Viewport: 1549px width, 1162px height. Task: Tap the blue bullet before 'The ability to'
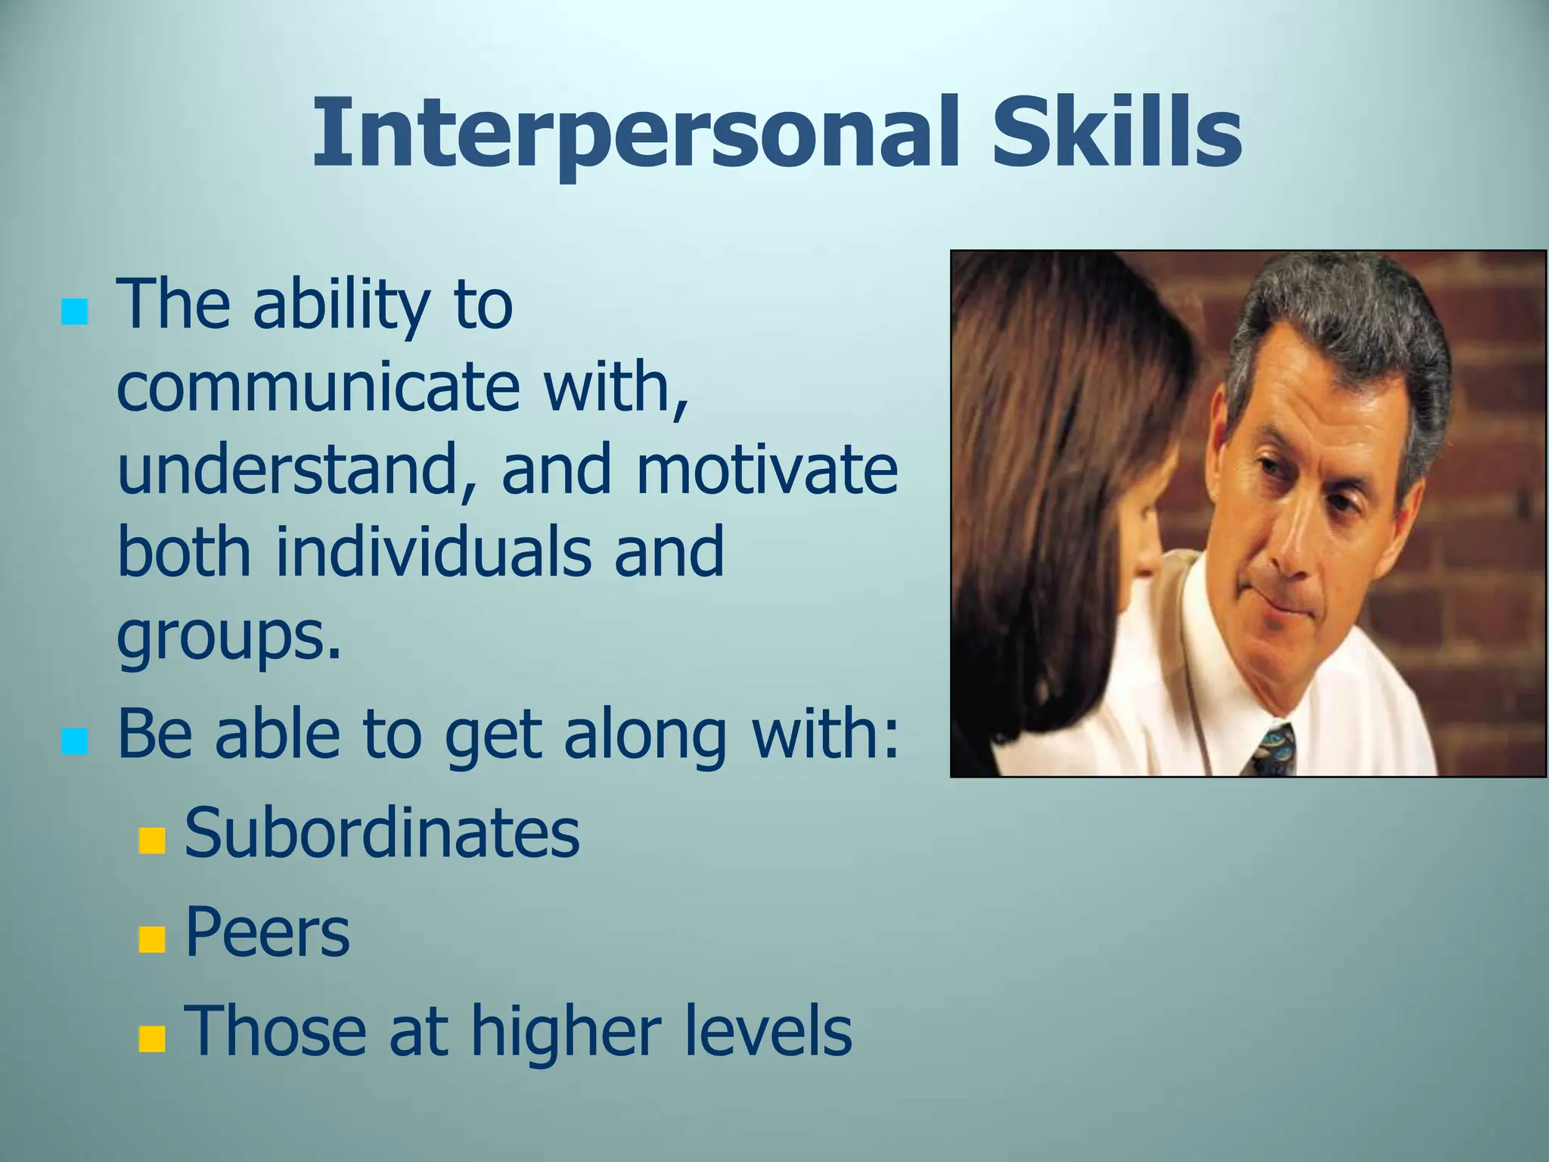click(74, 311)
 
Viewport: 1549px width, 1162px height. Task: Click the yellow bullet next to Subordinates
click(152, 840)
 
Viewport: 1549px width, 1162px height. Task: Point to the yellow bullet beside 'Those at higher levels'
click(152, 1039)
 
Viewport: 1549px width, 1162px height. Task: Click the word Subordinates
click(382, 834)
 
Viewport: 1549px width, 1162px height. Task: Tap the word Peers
click(267, 933)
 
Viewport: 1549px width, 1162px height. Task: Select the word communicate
click(318, 387)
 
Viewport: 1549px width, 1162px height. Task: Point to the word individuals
click(433, 551)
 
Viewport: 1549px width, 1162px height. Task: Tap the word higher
click(566, 1032)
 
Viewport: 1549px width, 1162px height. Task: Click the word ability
click(341, 306)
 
